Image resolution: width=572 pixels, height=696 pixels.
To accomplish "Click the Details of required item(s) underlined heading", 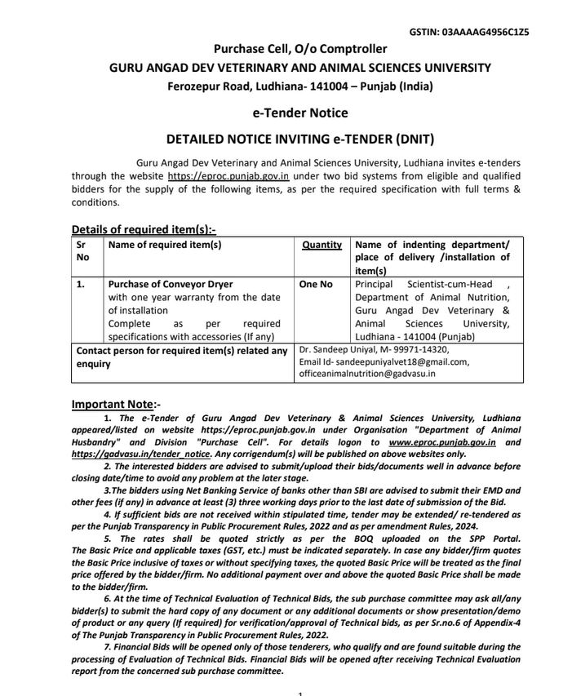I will (x=144, y=229).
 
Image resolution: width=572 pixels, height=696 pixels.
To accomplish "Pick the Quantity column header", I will (x=322, y=245).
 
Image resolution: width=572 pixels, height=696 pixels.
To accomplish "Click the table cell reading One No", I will (x=316, y=285).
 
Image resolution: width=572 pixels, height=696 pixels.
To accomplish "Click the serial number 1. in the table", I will (x=81, y=285).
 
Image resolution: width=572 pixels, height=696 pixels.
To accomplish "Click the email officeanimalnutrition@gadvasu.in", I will (x=367, y=374).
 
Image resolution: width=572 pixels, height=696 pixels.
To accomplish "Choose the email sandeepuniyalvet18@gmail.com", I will (x=397, y=361).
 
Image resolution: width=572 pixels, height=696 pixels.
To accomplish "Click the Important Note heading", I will (x=116, y=404).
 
